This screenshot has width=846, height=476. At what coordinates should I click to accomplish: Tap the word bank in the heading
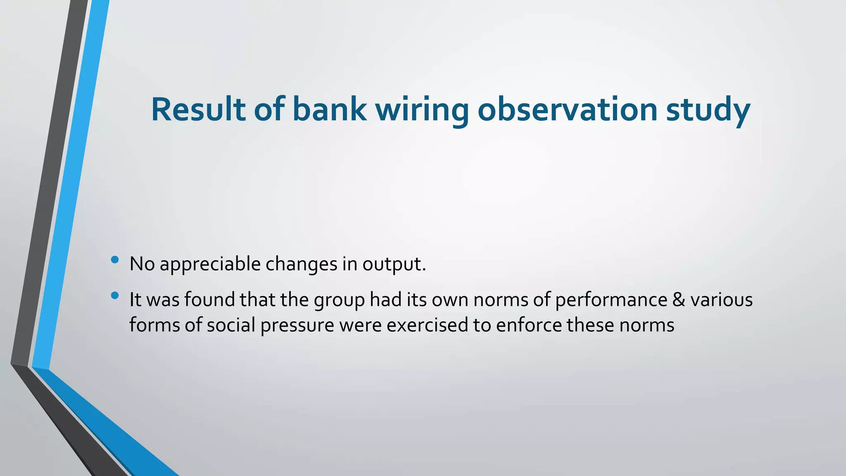coord(329,109)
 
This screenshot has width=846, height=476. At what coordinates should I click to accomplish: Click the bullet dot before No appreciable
coord(115,260)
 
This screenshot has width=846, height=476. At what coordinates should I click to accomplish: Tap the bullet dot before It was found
coord(115,295)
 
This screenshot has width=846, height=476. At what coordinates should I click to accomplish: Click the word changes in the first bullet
coord(301,264)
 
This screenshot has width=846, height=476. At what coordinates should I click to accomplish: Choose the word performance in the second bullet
coord(611,300)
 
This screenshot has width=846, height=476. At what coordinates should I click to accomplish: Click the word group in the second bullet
coord(339,300)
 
